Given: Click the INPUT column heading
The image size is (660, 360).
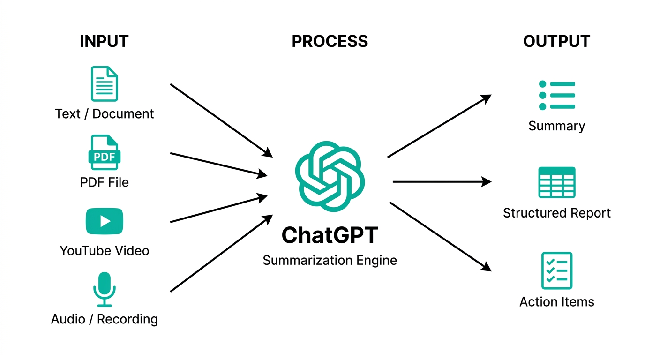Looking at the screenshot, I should [104, 41].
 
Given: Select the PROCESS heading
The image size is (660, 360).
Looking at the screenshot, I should [330, 41].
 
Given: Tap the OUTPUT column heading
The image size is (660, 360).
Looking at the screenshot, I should [556, 41].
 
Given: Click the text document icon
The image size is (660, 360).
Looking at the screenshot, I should [104, 84].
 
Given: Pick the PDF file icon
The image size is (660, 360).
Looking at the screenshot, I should [104, 152].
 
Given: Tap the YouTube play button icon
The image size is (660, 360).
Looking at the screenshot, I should [104, 221].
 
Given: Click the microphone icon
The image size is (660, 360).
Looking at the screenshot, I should [104, 289].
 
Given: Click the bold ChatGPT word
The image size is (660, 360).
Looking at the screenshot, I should [330, 235].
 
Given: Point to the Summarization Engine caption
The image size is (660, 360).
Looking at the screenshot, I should [330, 260].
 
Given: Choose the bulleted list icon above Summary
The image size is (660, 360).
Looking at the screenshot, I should [556, 95].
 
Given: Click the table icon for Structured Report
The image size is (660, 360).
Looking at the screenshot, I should [556, 182].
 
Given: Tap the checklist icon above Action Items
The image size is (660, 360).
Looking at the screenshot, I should [556, 270].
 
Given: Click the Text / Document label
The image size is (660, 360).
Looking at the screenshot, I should [104, 114].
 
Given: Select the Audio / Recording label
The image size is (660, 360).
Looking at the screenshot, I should [104, 319].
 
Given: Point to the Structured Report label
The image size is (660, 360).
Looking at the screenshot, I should [556, 213].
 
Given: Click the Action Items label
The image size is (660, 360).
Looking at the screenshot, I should [556, 301].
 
